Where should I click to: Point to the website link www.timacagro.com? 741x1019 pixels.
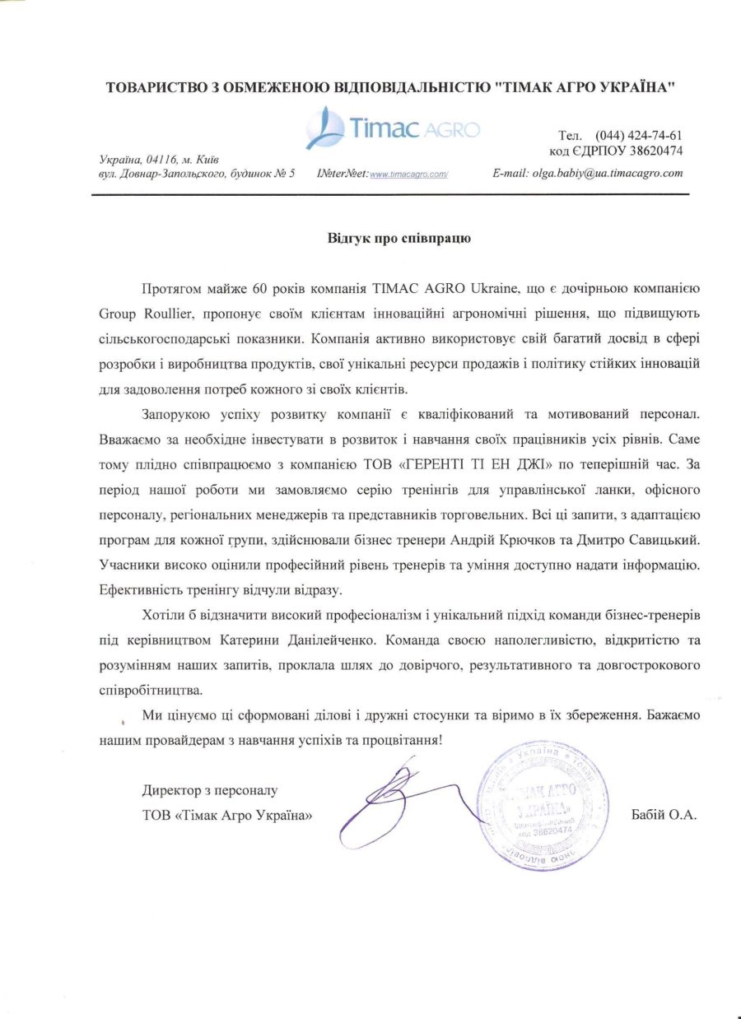(408, 174)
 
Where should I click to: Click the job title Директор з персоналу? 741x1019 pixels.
(210, 791)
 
